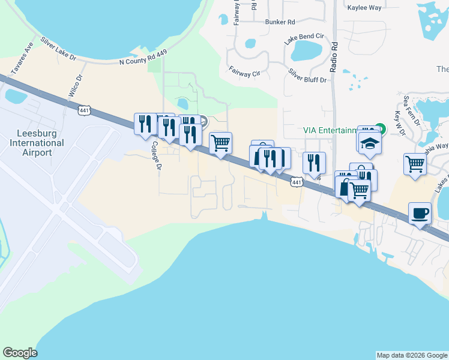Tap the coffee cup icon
tap(420, 213)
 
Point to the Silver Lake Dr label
tap(59, 49)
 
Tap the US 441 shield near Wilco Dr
tap(84, 109)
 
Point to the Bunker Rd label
tap(280, 22)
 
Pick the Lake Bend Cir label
tap(304, 37)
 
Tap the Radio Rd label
tap(334, 52)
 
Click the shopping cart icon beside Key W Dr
tap(415, 164)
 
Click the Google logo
tap(20, 353)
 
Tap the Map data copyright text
tap(412, 355)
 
